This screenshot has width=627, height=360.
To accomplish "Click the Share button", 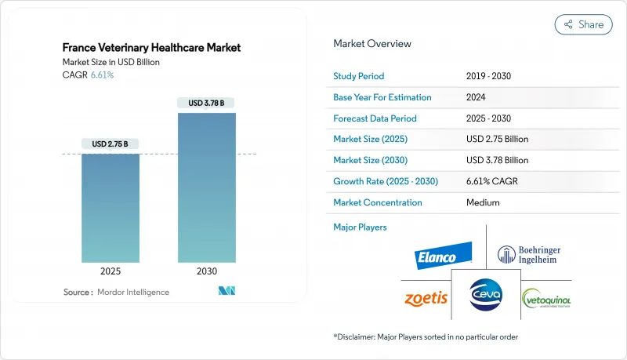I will point(584,24).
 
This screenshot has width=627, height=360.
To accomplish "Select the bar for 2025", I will point(110,208).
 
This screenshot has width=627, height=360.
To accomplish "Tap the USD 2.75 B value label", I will point(110,144).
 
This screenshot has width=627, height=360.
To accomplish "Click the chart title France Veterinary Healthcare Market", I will point(151,48).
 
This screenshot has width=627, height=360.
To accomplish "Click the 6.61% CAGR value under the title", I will point(102,75).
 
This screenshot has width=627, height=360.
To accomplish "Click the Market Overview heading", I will point(372,43).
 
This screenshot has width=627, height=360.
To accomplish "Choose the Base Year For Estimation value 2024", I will point(475,97).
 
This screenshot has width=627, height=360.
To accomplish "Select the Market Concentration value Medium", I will point(483,202).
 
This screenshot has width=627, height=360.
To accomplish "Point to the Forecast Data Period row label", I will point(375,118).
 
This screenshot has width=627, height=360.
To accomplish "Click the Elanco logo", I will point(444,256).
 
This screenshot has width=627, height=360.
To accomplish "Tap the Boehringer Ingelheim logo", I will point(530,256).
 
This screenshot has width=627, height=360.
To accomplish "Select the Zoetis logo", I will point(426,298).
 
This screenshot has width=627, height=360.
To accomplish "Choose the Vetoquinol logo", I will point(547,300).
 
